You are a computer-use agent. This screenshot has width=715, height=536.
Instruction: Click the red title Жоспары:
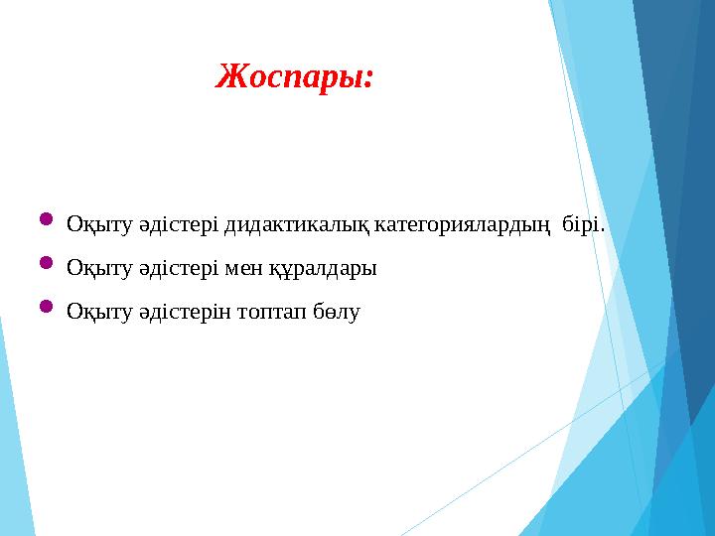[x=295, y=76]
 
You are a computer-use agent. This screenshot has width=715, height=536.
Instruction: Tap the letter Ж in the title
[x=230, y=75]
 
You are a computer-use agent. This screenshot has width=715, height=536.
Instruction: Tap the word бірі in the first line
[x=580, y=225]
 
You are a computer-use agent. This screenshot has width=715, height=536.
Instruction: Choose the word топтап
[x=272, y=313]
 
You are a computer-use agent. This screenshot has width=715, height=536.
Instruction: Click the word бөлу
[x=338, y=313]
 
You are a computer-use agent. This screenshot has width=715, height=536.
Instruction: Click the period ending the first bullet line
[x=602, y=231]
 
